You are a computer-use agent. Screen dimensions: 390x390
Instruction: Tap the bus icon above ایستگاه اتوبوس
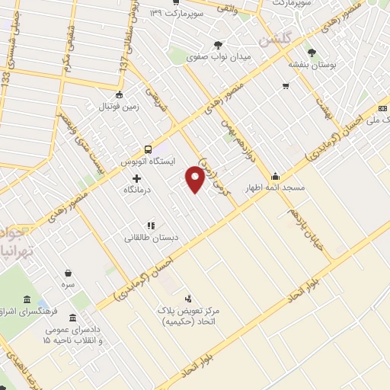(148, 149)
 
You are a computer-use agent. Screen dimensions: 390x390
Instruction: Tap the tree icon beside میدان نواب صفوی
(219, 45)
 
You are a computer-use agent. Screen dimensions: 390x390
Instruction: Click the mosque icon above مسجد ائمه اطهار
(275, 175)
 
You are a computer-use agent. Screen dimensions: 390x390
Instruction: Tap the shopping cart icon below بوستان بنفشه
(285, 85)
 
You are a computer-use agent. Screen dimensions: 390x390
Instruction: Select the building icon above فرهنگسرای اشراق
(27, 298)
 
